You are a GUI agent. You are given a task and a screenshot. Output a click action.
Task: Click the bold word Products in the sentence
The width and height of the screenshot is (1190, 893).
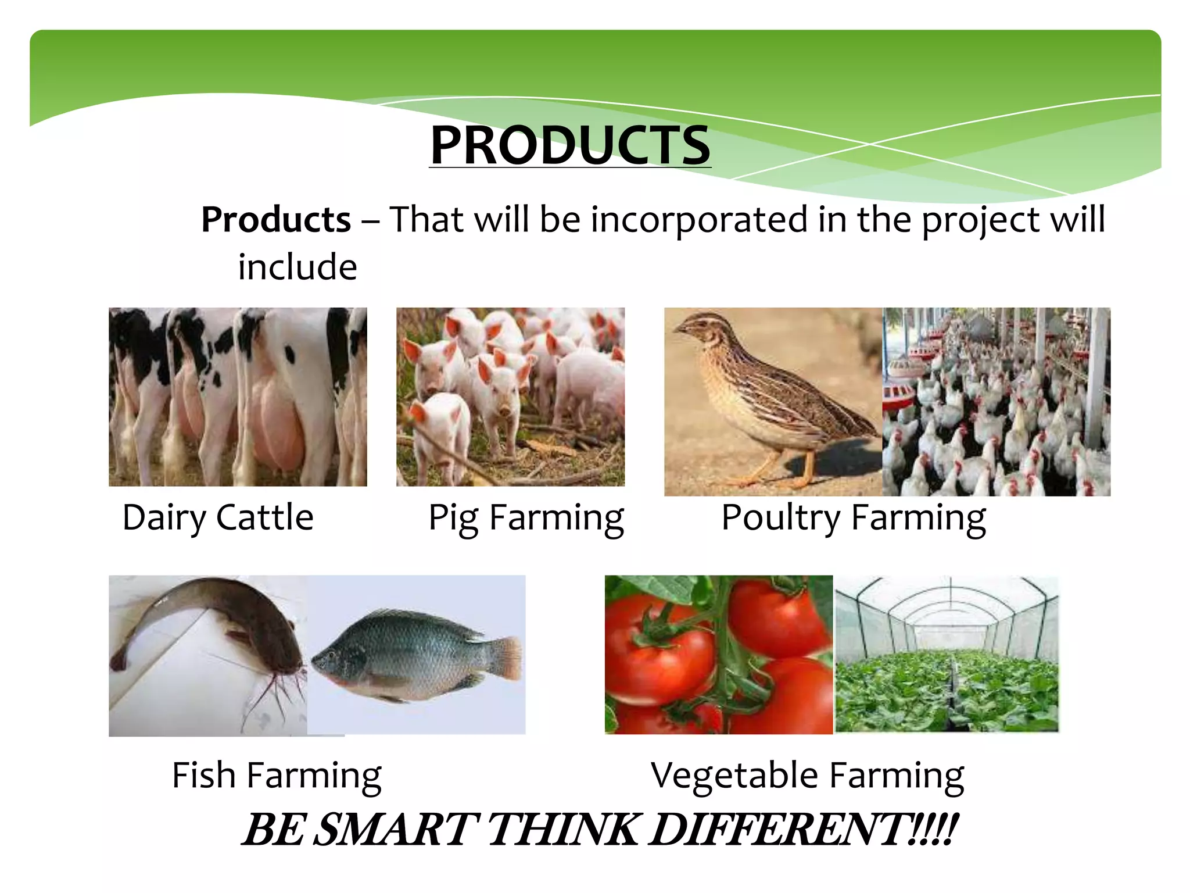pyautogui.click(x=276, y=220)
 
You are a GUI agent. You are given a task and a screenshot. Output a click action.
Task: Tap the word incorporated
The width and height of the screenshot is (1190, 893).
pyautogui.click(x=699, y=220)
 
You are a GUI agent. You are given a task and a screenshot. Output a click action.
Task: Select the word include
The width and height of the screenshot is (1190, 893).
pyautogui.click(x=297, y=267)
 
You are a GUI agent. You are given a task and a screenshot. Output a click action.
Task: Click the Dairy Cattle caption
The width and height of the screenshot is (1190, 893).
pyautogui.click(x=218, y=517)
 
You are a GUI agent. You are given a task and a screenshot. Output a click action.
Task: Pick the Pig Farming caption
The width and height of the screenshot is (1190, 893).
pyautogui.click(x=526, y=517)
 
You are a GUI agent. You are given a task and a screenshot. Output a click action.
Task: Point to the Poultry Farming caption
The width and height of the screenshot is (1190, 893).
pyautogui.click(x=853, y=517)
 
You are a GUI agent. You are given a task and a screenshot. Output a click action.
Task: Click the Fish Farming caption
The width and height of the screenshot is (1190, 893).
pyautogui.click(x=277, y=775)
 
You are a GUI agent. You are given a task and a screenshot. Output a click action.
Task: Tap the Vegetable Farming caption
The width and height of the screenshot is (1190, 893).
pyautogui.click(x=807, y=775)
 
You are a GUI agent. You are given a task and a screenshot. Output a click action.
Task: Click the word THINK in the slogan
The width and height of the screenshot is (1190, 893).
pyautogui.click(x=561, y=830)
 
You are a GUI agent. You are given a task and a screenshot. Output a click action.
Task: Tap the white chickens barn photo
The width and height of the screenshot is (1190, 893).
pyautogui.click(x=997, y=401)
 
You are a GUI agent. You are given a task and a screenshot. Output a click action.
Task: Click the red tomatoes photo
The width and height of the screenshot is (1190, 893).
pyautogui.click(x=718, y=654)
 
